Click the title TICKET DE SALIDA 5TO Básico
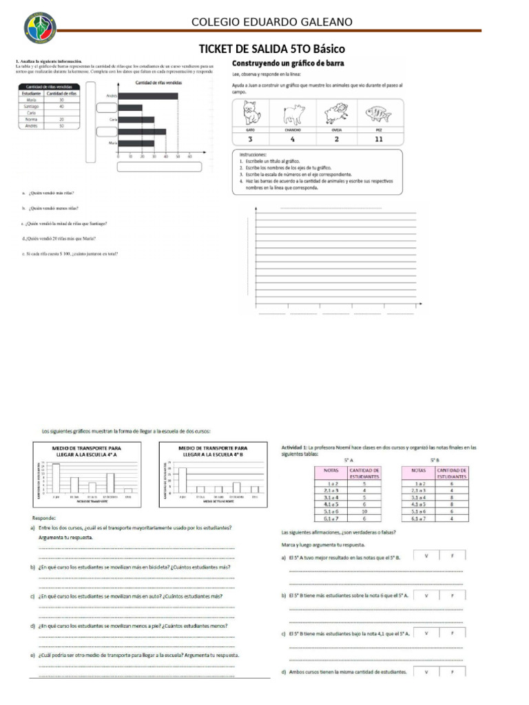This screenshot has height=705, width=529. (271, 50)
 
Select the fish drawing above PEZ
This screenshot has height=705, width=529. (378, 112)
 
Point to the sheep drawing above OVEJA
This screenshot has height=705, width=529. (337, 112)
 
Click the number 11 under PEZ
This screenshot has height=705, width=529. (378, 138)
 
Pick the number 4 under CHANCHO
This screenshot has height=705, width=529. (292, 138)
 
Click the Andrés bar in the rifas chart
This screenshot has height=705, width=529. (148, 96)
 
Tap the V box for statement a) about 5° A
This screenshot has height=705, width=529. (426, 555)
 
